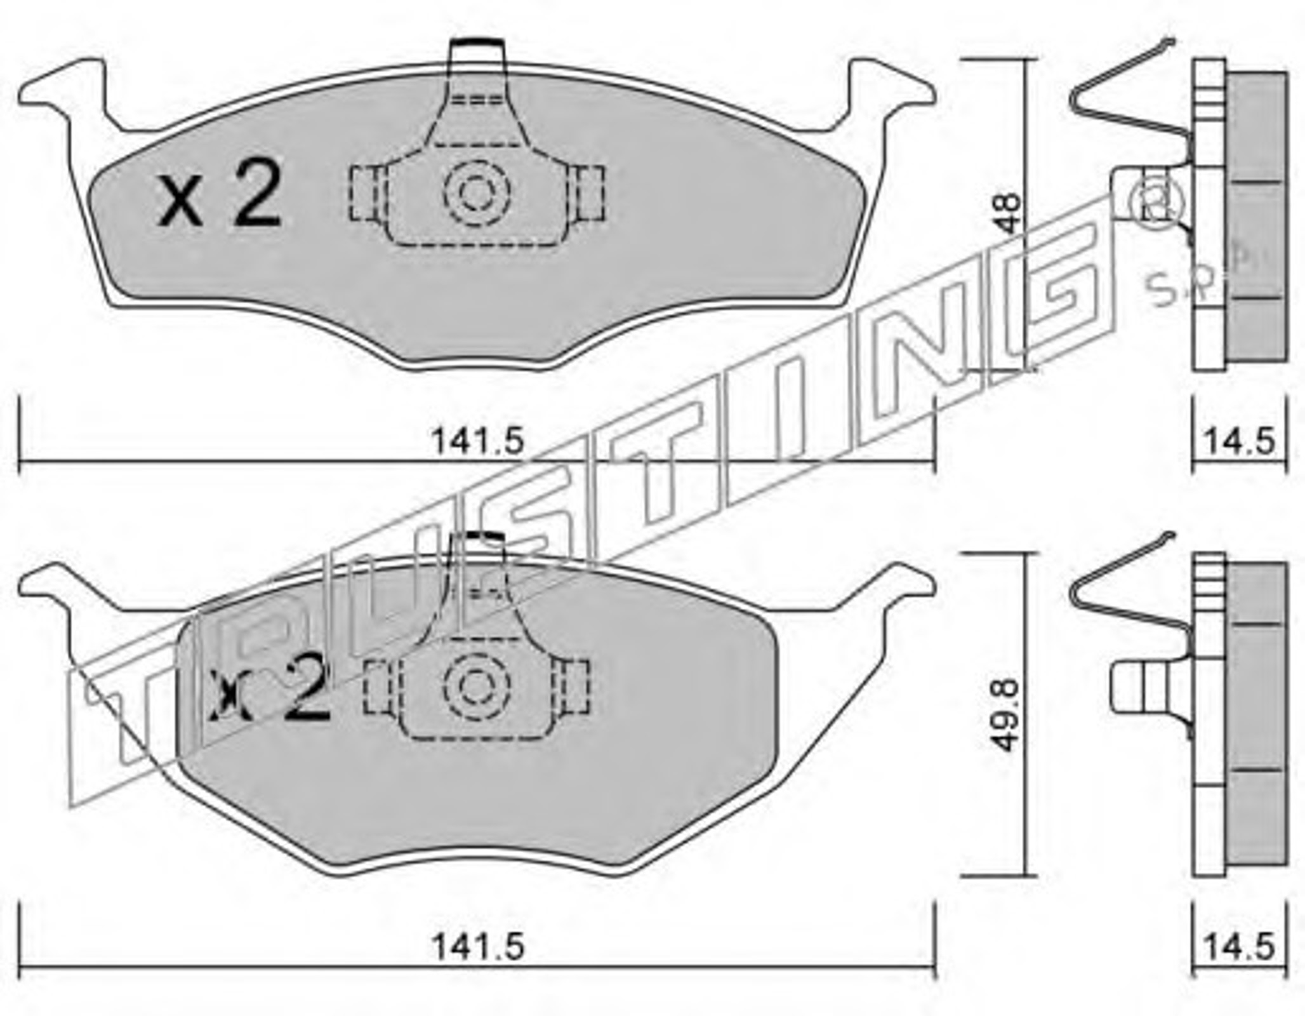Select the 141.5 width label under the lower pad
(x=479, y=947)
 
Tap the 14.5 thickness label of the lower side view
(x=1240, y=947)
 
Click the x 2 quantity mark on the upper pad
(x=220, y=193)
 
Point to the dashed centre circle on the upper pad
(x=477, y=192)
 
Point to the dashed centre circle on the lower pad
(x=477, y=686)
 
